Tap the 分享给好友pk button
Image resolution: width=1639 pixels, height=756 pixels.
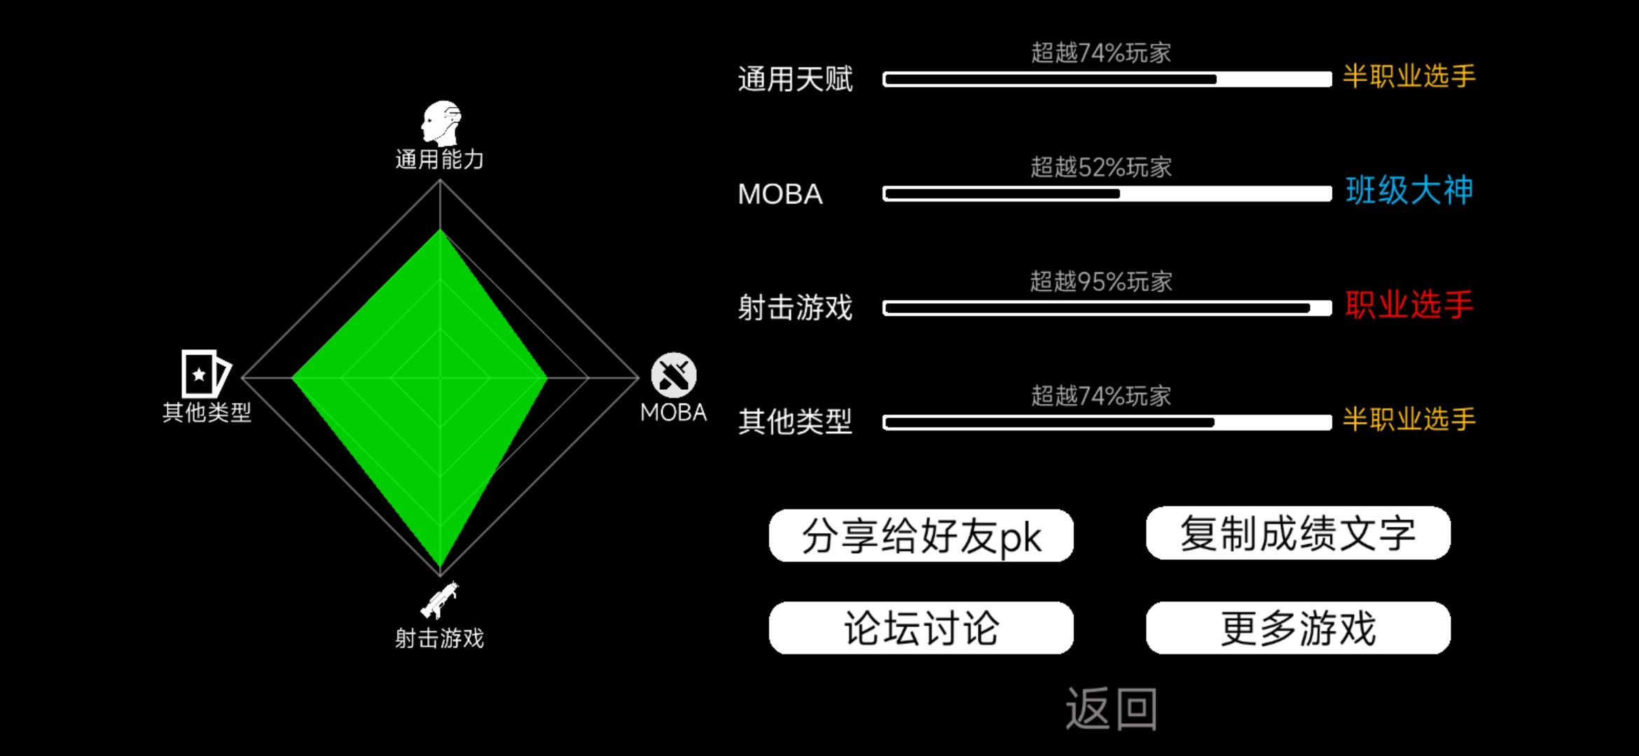pos(921,535)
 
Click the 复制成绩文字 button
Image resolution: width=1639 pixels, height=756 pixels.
pos(1298,533)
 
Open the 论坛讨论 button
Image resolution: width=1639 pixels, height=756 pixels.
pos(921,628)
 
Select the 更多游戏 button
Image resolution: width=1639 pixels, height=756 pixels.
pos(1298,628)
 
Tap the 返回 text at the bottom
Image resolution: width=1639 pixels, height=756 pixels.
pos(1112,709)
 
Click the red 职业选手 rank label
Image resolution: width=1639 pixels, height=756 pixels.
pos(1409,305)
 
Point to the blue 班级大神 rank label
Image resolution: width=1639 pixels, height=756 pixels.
pos(1409,190)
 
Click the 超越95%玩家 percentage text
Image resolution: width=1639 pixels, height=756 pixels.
pos(1101,281)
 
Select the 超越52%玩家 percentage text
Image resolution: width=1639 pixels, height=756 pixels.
pos(1101,167)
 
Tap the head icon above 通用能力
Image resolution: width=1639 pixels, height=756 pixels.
pos(441,123)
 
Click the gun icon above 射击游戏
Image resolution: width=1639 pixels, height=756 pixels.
pos(439,600)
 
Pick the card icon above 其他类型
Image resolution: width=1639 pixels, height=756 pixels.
pos(206,374)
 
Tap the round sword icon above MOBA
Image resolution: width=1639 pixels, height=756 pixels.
pos(674,375)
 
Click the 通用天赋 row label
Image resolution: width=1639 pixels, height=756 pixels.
pos(795,78)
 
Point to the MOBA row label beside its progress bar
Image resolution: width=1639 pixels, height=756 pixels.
pos(780,194)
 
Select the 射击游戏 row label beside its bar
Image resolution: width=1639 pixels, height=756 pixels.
pos(795,308)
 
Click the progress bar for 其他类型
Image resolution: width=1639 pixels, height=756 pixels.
pos(1107,422)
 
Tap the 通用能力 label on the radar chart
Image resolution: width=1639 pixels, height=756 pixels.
pos(439,160)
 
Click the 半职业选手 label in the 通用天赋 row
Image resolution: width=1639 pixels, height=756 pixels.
pos(1409,76)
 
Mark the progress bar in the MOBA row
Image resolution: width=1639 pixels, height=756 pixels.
pos(1107,194)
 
